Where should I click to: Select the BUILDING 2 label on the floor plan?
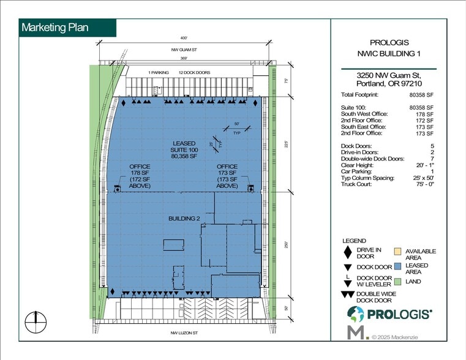[185, 219]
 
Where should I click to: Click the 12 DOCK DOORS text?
[194, 73]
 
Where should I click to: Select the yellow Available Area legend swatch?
[397, 251]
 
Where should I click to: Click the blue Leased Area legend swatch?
[397, 266]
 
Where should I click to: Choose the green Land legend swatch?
[397, 282]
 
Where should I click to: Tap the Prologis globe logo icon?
[356, 314]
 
